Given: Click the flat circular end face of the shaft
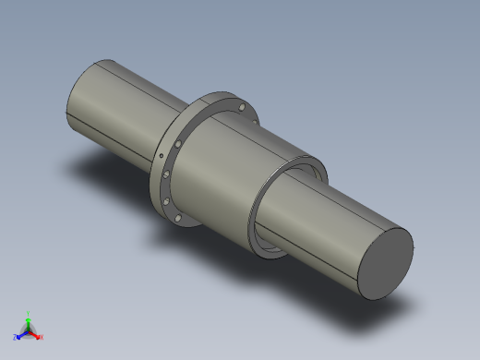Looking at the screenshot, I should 384,262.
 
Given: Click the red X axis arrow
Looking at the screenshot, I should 36,334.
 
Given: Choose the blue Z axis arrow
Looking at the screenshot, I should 20,334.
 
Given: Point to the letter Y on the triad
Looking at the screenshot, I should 29,313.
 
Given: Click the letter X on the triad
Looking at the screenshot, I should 41,337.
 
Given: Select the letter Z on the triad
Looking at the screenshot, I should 16,337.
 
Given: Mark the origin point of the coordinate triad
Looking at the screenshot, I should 28,330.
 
